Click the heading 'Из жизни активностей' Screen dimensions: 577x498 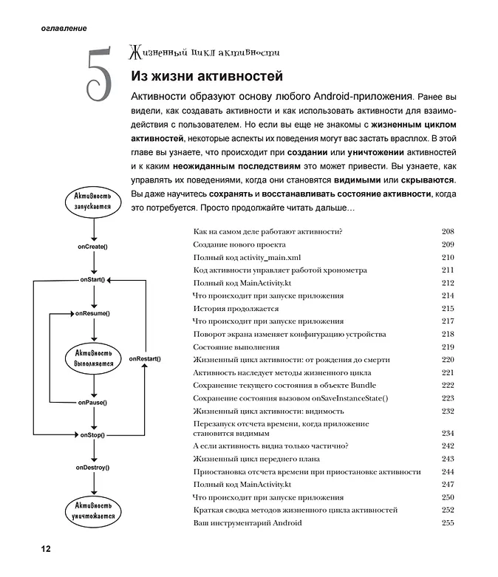pyautogui.click(x=207, y=76)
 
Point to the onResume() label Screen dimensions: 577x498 pyautogui.click(x=92, y=313)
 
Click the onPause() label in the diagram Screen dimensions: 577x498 pyautogui.click(x=92, y=403)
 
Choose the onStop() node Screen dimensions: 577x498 pyautogui.click(x=92, y=435)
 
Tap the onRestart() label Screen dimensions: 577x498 pyautogui.click(x=145, y=358)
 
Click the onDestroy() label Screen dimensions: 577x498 pyautogui.click(x=92, y=468)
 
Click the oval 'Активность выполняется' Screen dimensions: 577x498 pyautogui.click(x=93, y=358)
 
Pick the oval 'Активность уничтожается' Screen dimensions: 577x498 pyautogui.click(x=93, y=510)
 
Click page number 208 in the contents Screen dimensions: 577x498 pyautogui.click(x=447, y=232)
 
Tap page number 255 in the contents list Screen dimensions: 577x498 pyautogui.click(x=447, y=523)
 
